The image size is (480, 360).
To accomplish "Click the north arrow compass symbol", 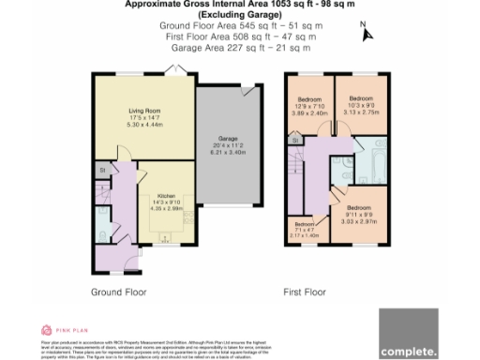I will (x=367, y=34).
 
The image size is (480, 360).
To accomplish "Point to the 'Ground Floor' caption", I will (x=116, y=292).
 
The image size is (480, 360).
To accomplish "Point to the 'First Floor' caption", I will (x=304, y=292).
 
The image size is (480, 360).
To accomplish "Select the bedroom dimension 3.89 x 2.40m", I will (x=309, y=112).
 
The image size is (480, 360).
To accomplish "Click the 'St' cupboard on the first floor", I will (x=293, y=141).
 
